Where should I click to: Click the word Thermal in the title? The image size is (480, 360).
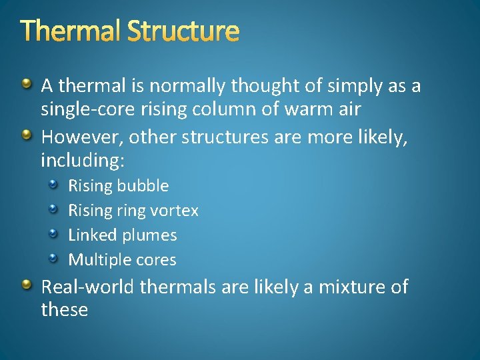(71, 31)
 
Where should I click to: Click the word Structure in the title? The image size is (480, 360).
(183, 31)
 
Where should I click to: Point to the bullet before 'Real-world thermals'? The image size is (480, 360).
(26, 285)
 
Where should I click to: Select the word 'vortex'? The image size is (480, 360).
(174, 211)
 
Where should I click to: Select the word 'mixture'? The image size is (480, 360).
(344, 287)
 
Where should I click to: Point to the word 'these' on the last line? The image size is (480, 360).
(64, 310)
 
